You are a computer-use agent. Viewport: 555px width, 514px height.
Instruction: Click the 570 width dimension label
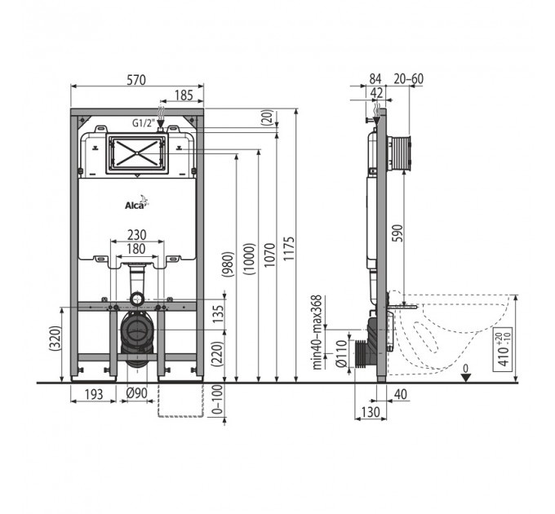tap(136, 80)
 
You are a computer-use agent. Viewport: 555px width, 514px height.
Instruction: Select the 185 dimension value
tap(184, 95)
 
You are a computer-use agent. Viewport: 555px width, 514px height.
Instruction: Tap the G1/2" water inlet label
tap(144, 123)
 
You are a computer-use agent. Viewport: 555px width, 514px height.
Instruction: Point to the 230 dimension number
tap(136, 235)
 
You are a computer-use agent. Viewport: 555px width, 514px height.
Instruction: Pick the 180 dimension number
tap(136, 249)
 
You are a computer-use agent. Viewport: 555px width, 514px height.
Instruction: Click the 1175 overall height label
tap(289, 249)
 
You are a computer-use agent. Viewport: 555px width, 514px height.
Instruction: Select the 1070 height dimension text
tap(269, 255)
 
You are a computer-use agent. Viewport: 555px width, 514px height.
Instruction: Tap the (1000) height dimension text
tap(249, 259)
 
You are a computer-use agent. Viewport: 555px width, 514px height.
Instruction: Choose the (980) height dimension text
tap(228, 264)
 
